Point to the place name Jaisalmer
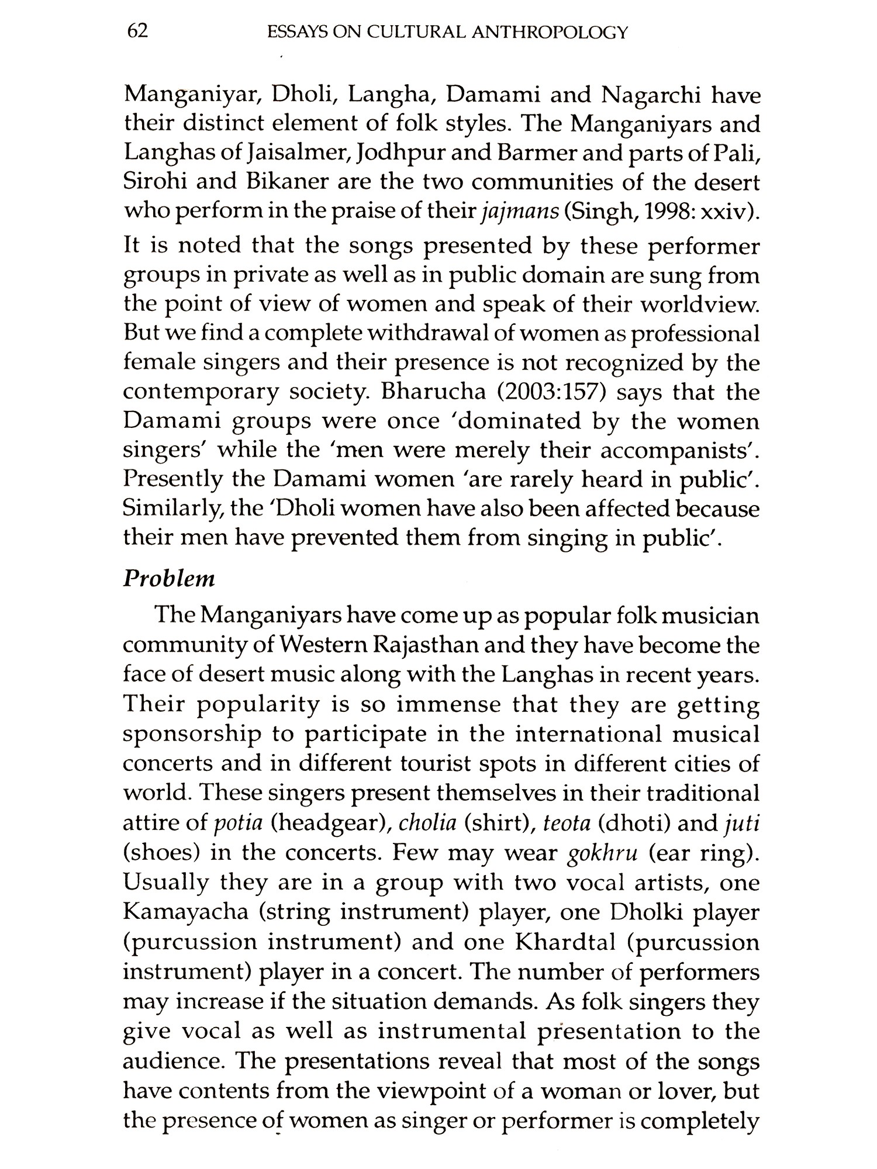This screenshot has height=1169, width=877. (298, 154)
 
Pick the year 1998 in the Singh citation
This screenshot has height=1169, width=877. (665, 212)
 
